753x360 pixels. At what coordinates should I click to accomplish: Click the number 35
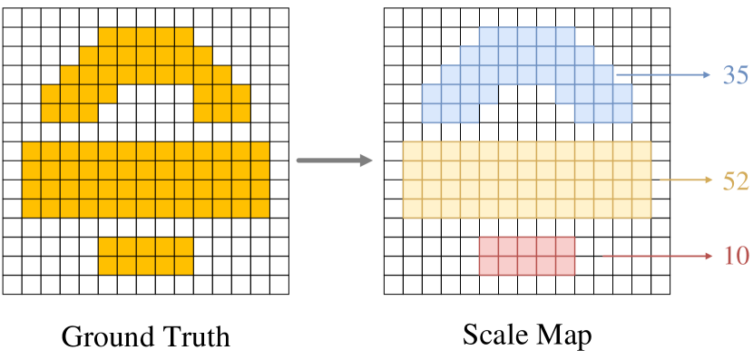[x=735, y=75]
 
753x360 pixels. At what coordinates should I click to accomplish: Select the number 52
[x=735, y=181]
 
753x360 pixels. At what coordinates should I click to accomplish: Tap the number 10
[x=736, y=257]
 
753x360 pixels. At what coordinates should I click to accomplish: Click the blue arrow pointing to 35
[x=662, y=75]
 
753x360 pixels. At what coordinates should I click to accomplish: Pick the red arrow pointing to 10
[x=658, y=257]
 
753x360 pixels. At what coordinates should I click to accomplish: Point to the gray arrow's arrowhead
[x=366, y=161]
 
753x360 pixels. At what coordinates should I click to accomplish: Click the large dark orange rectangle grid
[x=145, y=180]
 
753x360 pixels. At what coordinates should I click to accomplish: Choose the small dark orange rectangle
[x=145, y=256]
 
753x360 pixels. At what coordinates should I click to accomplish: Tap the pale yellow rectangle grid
[x=526, y=180]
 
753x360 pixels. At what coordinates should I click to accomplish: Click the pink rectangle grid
[x=527, y=256]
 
